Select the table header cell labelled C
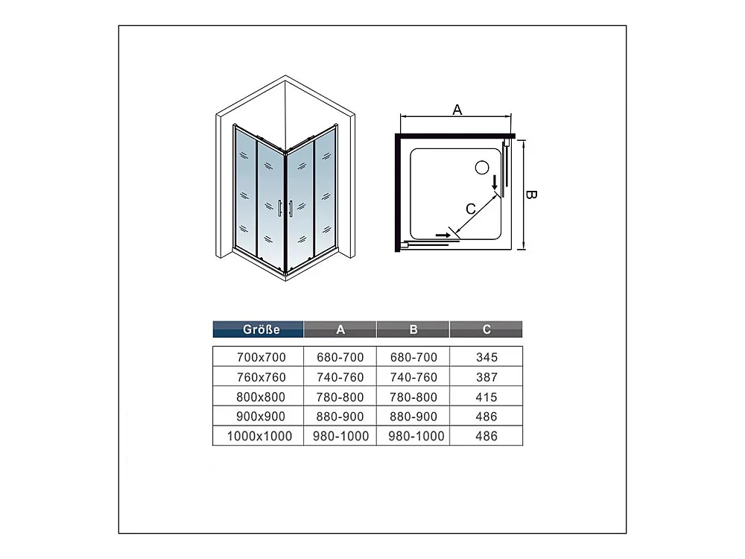tap(486, 329)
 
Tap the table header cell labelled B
tap(413, 329)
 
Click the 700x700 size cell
tap(261, 357)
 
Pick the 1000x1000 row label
tap(259, 436)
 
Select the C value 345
tap(486, 357)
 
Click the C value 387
tap(486, 377)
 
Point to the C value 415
tap(486, 397)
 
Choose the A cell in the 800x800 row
tap(340, 397)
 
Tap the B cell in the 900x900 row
tap(413, 417)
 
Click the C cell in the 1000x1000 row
tap(486, 436)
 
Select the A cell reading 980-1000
tap(340, 436)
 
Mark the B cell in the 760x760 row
tap(413, 377)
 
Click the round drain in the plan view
tap(482, 168)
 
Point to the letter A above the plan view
tap(457, 110)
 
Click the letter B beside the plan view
tap(531, 195)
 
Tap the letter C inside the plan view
tap(471, 209)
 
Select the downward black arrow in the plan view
tap(495, 183)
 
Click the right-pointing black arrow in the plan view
tap(444, 235)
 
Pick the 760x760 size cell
tap(261, 377)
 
